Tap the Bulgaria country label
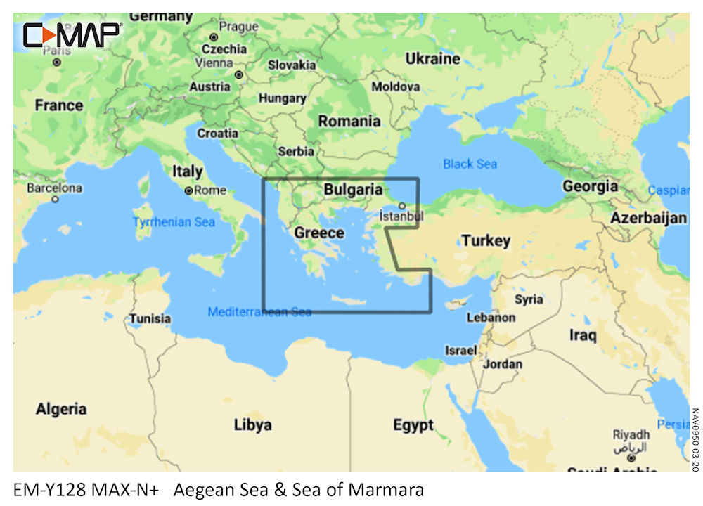[353, 190]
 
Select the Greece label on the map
[319, 233]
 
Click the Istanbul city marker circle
[401, 207]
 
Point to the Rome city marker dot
[188, 190]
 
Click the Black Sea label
[470, 164]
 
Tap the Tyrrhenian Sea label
[174, 222]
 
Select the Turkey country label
[486, 240]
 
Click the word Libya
[252, 424]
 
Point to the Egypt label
[413, 425]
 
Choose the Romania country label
[349, 121]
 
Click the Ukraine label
[432, 59]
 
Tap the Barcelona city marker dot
[55, 200]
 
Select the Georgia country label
[590, 186]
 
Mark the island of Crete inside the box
[349, 301]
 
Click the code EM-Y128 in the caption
[49, 489]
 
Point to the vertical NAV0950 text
[695, 439]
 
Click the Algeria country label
[61, 409]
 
